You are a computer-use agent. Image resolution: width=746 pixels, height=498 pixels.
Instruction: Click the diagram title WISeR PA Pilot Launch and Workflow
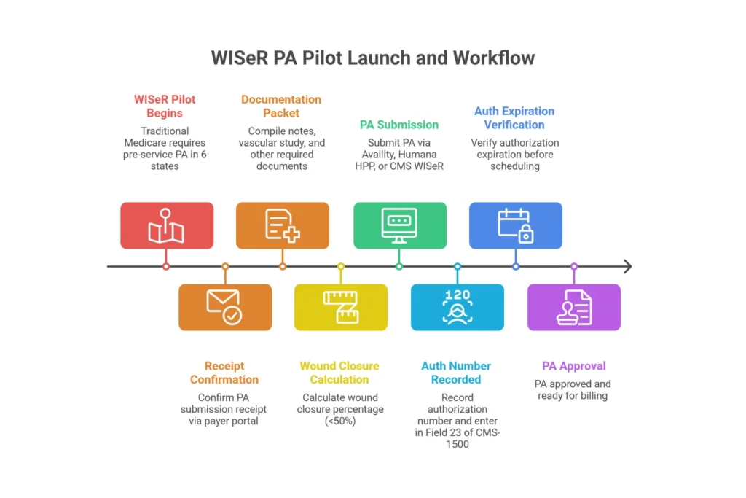tap(372, 58)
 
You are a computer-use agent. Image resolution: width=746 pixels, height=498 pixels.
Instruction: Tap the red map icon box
tap(167, 225)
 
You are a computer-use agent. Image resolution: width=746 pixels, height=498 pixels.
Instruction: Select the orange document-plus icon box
tap(283, 225)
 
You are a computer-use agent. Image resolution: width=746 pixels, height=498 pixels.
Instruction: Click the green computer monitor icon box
tap(399, 225)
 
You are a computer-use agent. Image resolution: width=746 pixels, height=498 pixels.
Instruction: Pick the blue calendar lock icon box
tap(516, 225)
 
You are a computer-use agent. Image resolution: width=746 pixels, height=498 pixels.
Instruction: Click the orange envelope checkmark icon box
tap(225, 307)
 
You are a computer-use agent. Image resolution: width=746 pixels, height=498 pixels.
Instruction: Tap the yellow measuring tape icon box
tap(341, 307)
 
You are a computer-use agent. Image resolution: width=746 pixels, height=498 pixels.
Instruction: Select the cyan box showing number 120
tap(458, 307)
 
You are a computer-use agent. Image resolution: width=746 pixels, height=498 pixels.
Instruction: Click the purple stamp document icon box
tap(574, 307)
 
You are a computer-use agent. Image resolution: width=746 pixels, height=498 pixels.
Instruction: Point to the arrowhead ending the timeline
tap(627, 267)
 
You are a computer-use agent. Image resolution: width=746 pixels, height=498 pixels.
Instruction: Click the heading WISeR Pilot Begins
tap(165, 106)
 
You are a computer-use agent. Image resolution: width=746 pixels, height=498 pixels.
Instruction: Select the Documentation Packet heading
tap(281, 106)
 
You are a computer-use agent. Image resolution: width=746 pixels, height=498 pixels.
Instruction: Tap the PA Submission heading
tap(399, 125)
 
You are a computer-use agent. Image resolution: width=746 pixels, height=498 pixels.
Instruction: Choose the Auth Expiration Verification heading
tap(514, 117)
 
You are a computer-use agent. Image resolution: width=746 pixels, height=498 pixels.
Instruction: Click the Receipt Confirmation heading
tap(224, 373)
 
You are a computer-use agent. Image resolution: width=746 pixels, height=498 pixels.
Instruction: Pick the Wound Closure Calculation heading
tap(339, 373)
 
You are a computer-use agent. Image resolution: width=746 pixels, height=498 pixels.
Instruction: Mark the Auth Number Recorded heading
tap(456, 373)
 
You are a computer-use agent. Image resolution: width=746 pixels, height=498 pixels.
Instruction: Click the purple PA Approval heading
tap(574, 366)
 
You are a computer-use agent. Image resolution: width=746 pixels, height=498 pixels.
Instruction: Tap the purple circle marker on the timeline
tap(574, 267)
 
